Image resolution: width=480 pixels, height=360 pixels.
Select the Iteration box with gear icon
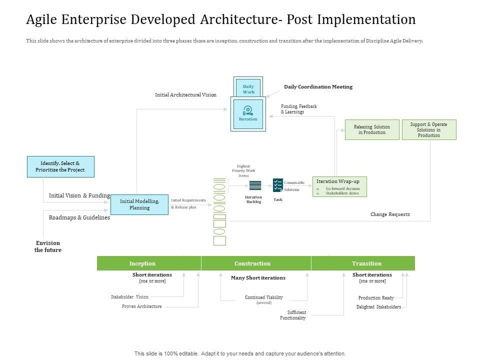248,113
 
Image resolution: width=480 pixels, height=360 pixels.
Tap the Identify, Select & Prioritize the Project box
60,166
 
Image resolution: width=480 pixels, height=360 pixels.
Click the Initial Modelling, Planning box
139,204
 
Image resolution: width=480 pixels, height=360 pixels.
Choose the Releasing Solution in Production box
372,129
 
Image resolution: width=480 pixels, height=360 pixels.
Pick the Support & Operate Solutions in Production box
429,129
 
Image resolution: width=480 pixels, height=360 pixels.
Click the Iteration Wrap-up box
339,186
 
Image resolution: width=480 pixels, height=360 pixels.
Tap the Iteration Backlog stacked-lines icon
255,185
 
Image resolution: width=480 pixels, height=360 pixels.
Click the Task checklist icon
278,185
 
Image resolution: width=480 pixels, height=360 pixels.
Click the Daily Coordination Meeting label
318,87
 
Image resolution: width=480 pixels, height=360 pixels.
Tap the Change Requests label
390,214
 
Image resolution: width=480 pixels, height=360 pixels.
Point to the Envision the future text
48,246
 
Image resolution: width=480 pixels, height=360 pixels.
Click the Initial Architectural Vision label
185,94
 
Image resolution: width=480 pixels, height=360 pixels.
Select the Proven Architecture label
141,306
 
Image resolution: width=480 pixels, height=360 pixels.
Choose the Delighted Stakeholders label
378,307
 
